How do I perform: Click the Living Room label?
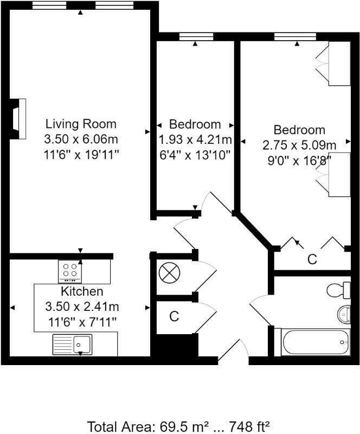coord(80,124)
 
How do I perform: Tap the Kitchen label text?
coord(82,292)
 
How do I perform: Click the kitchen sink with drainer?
coord(73,343)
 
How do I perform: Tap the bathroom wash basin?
coord(344,313)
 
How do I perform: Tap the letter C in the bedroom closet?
coord(312,260)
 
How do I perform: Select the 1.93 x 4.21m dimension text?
coord(195,139)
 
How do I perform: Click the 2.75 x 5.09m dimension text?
coord(299,145)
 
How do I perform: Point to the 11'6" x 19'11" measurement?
coord(81,154)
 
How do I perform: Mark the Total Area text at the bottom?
coord(179,426)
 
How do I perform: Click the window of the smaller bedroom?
coord(195,37)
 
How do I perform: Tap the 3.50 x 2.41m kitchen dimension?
coord(82,307)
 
